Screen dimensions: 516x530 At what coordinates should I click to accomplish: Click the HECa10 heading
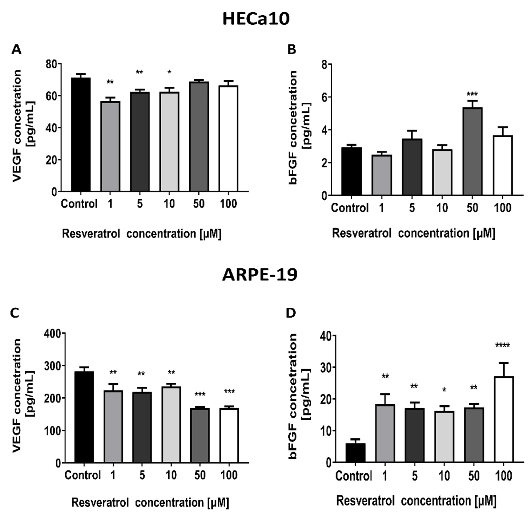point(256,19)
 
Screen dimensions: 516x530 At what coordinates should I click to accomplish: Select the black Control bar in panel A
point(81,135)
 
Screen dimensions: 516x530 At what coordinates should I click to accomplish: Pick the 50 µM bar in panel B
point(472,151)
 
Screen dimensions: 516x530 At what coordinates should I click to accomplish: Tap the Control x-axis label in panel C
point(83,475)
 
